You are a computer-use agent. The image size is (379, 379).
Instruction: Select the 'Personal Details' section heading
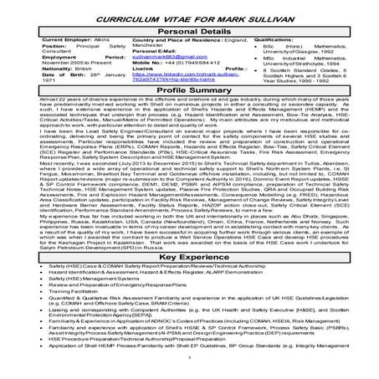pyautogui.click(x=189, y=28)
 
